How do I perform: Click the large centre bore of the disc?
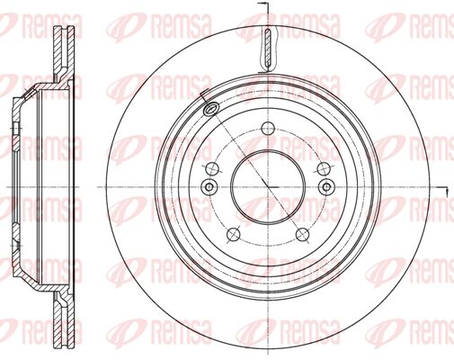pos(268,187)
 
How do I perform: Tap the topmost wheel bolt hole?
pos(268,129)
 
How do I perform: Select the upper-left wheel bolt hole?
pos(212,169)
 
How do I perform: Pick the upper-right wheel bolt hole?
pos(324,169)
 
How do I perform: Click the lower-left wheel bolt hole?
pos(234,235)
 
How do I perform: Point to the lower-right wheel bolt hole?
pos(302,235)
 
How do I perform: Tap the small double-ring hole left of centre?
pos(209,187)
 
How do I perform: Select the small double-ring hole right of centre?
pos(327,187)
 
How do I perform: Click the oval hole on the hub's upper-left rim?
pos(211,108)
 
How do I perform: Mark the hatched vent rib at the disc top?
pos(269,48)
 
